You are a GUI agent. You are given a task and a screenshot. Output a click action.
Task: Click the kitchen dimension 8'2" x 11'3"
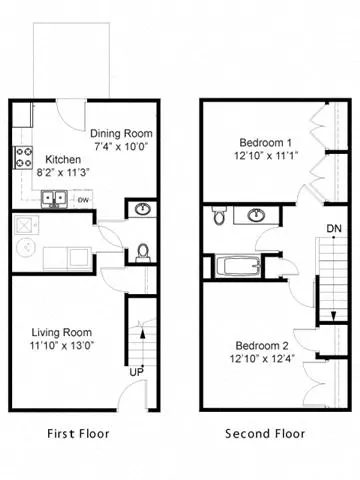tap(63, 171)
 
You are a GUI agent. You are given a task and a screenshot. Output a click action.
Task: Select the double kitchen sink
tap(54, 198)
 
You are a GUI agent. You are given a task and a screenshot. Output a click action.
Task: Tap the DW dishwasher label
tap(84, 198)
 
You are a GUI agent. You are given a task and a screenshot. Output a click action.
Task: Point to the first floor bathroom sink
tap(142, 210)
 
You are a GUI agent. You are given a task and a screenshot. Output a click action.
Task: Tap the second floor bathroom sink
tap(256, 214)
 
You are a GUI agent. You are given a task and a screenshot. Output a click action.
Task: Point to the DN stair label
tap(334, 228)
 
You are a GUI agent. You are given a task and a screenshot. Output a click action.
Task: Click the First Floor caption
tap(79, 434)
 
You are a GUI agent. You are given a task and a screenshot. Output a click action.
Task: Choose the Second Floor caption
tap(265, 434)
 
